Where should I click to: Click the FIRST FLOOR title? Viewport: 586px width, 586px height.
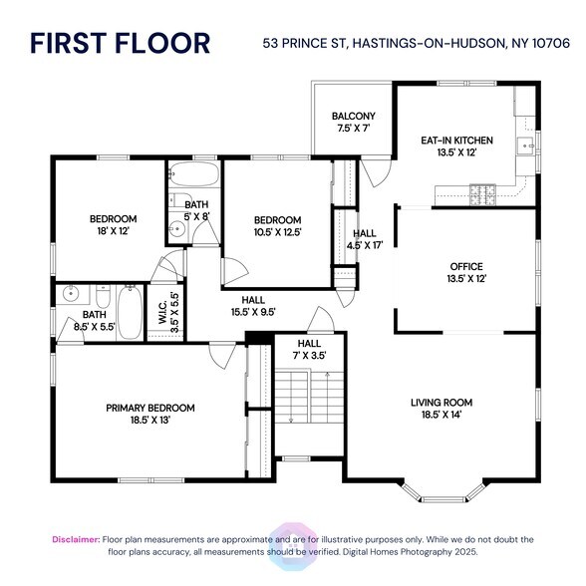tap(120, 43)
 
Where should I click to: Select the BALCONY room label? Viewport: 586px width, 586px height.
tap(353, 116)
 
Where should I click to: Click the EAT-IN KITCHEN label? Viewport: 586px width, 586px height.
tap(456, 141)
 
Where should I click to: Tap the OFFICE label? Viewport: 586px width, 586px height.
tap(465, 266)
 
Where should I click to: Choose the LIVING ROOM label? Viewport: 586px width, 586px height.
tap(440, 403)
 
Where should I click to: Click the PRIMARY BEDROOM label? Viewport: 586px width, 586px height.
tap(150, 408)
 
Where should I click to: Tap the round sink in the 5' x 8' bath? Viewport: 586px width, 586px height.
tap(176, 228)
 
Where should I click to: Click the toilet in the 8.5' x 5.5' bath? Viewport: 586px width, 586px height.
tap(103, 297)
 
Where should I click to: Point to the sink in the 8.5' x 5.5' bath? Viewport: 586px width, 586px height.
tap(70, 294)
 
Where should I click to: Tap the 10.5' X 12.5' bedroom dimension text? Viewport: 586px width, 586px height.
tap(277, 232)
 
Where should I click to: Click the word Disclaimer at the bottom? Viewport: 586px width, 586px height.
tap(76, 539)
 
